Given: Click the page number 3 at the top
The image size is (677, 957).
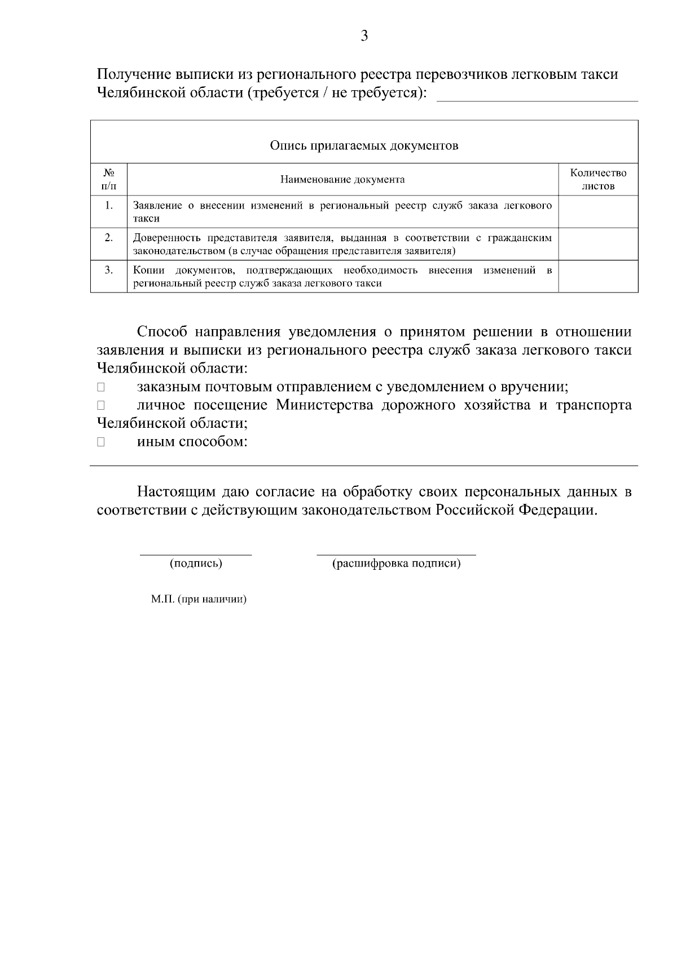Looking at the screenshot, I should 364,37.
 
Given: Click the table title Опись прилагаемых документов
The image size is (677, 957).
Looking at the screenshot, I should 364,146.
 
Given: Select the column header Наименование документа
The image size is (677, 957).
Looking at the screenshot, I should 342,180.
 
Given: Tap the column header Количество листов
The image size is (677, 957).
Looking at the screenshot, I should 598,179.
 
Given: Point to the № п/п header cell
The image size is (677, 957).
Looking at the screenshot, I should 109,179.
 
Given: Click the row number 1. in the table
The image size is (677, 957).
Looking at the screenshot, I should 109,205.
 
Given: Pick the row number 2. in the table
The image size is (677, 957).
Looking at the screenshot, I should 109,237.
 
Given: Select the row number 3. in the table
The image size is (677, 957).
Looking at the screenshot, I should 109,270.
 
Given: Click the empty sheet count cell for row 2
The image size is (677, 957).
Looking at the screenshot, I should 598,243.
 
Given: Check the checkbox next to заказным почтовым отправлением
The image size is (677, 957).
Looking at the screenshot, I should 101,388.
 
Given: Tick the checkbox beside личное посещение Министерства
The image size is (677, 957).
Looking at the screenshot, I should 101,406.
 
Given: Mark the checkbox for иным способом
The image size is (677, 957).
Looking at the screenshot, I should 101,442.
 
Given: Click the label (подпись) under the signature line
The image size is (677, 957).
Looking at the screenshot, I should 196,563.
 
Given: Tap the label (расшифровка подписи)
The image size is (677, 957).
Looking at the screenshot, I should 396,563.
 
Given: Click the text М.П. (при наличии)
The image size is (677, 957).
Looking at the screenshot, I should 199,600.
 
